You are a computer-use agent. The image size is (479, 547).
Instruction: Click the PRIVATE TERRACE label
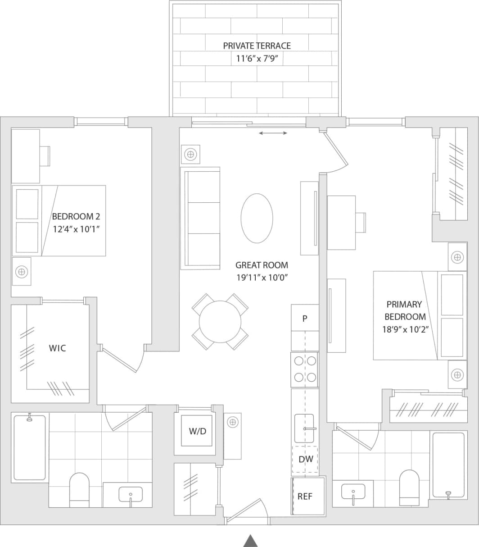coord(257,46)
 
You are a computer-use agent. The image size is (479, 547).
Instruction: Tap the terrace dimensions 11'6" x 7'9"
coord(257,59)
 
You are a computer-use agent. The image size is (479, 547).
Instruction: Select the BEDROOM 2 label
coord(76,216)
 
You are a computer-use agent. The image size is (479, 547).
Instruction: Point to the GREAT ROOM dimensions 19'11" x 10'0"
coord(262,278)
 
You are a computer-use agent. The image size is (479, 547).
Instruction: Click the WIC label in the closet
coord(57,348)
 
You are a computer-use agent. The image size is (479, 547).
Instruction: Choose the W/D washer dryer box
coord(197,431)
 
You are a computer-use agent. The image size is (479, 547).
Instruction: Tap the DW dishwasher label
coord(305,459)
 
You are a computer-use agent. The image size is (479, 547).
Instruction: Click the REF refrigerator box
coord(308,496)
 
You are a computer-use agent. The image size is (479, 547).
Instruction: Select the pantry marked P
coord(305,319)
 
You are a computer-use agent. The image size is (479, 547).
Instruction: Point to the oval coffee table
coord(257,219)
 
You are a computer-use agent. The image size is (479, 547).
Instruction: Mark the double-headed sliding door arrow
coord(273,133)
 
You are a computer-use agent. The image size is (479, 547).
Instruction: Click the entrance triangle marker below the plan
coord(250,541)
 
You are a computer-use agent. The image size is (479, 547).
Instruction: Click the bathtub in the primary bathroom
coord(448,464)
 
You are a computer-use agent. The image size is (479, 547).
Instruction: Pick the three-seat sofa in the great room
coord(200,218)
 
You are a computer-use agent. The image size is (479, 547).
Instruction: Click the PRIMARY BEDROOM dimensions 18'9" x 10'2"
coord(405,329)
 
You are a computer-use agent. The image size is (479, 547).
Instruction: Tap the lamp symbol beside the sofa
coord(191,155)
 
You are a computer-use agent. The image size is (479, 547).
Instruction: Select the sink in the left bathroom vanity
coord(131,494)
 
